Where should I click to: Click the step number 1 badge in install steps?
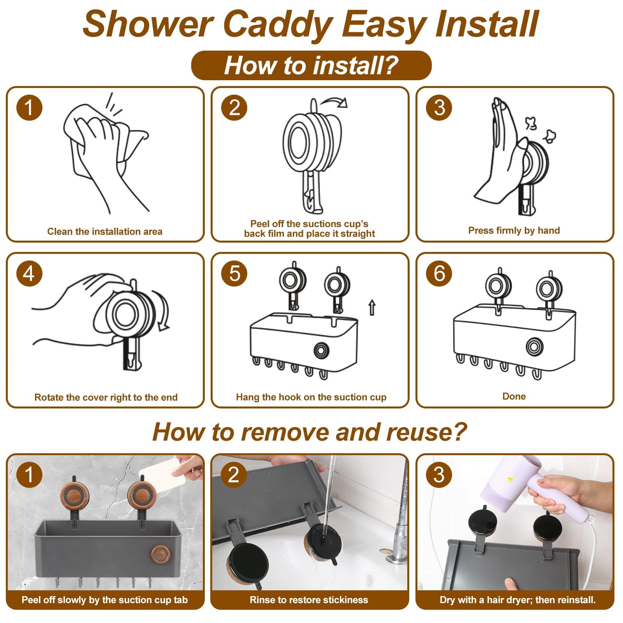pyautogui.click(x=29, y=107)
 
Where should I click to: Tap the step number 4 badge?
pyautogui.click(x=29, y=273)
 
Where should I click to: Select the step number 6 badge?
pyautogui.click(x=439, y=273)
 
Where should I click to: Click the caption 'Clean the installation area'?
pyautogui.click(x=105, y=232)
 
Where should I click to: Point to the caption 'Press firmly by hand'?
pyautogui.click(x=514, y=231)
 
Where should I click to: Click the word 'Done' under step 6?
pyautogui.click(x=514, y=396)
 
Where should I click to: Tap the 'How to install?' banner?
pyautogui.click(x=311, y=65)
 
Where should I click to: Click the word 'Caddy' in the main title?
pyautogui.click(x=278, y=24)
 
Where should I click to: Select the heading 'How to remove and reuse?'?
pyautogui.click(x=310, y=432)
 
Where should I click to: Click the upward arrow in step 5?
pyautogui.click(x=372, y=307)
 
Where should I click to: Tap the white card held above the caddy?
pyautogui.click(x=163, y=472)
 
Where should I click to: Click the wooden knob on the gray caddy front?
pyautogui.click(x=159, y=554)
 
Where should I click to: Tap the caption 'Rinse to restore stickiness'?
pyautogui.click(x=309, y=600)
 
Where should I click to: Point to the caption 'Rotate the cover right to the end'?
pyautogui.click(x=106, y=398)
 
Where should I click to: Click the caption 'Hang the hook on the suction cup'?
pyautogui.click(x=311, y=397)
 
